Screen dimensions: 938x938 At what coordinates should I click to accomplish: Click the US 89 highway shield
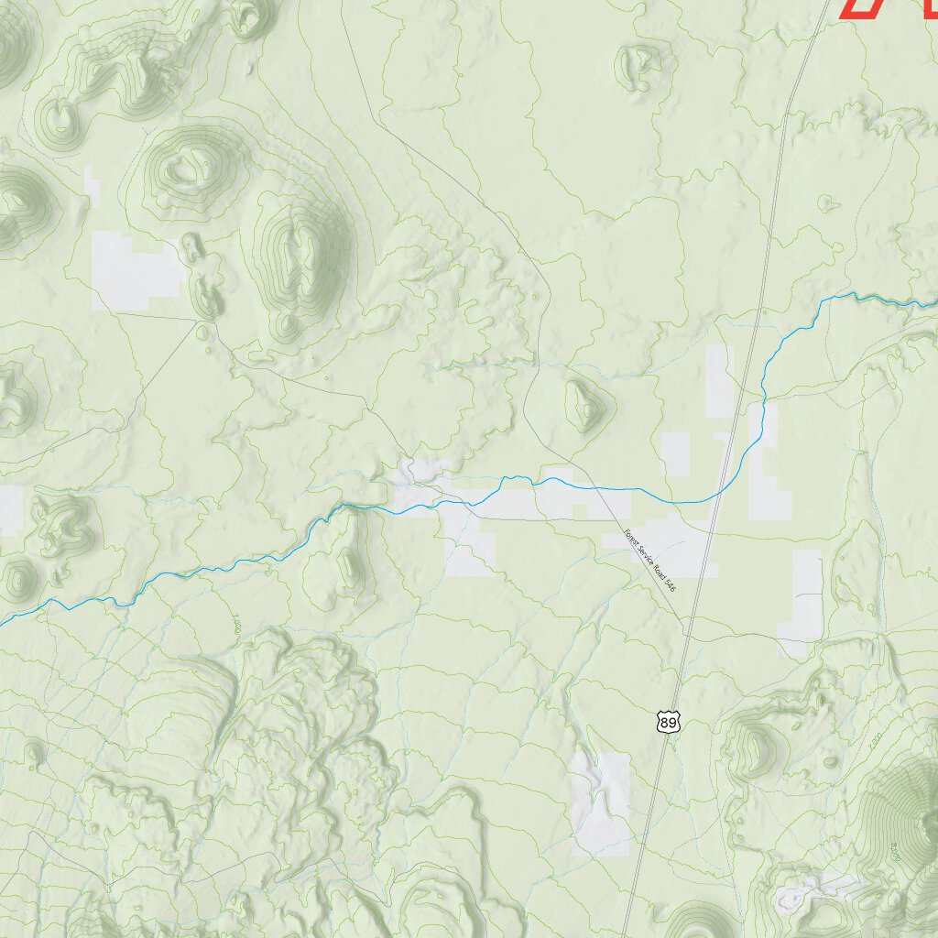coord(669,723)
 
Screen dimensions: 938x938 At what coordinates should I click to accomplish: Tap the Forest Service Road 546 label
coord(649,560)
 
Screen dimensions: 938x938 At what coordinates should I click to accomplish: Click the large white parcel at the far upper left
coord(136,270)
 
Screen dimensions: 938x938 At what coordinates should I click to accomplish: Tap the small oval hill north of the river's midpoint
coord(584,405)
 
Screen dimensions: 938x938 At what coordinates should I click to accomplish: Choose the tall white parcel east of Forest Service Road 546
coord(806,595)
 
